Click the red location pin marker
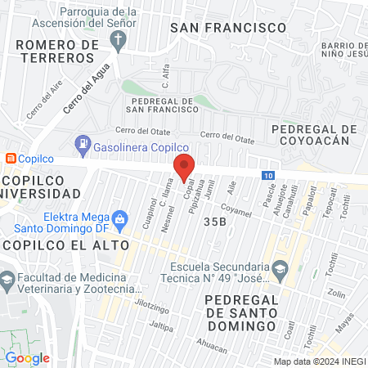pyautogui.click(x=185, y=168)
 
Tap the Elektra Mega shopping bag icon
pyautogui.click(x=120, y=218)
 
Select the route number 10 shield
pyautogui.click(x=269, y=175)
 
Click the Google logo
pyautogui.click(x=28, y=357)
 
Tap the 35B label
pyautogui.click(x=215, y=222)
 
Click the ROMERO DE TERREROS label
pyautogui.click(x=56, y=51)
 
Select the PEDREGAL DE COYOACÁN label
pyautogui.click(x=315, y=134)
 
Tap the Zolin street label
pyautogui.click(x=336, y=292)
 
